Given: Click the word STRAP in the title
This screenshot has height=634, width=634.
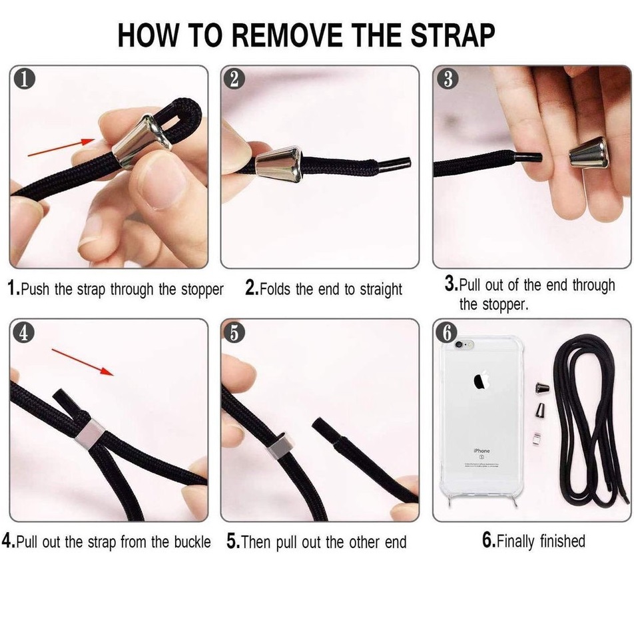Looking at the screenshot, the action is [453, 35].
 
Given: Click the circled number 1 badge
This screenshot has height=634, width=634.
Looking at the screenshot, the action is [24, 79].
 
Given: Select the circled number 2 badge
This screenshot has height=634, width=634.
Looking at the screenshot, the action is [234, 79].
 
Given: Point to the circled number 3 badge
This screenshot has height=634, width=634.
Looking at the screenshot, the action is [448, 79].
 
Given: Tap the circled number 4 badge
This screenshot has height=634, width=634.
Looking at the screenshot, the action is [24, 333].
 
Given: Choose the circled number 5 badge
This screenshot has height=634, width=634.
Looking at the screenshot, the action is [234, 333].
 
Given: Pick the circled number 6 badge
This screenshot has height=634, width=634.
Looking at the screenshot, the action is [447, 333].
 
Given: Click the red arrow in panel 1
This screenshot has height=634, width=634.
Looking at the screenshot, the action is [61, 147].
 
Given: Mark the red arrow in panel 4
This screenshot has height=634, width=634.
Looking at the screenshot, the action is [83, 362].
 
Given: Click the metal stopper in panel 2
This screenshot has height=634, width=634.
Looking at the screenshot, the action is [279, 164].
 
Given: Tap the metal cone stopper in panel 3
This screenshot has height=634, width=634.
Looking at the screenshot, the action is [589, 153].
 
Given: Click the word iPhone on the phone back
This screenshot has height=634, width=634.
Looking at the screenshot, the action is [481, 451].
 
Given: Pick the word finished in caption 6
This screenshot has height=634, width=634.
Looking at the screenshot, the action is [563, 541].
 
